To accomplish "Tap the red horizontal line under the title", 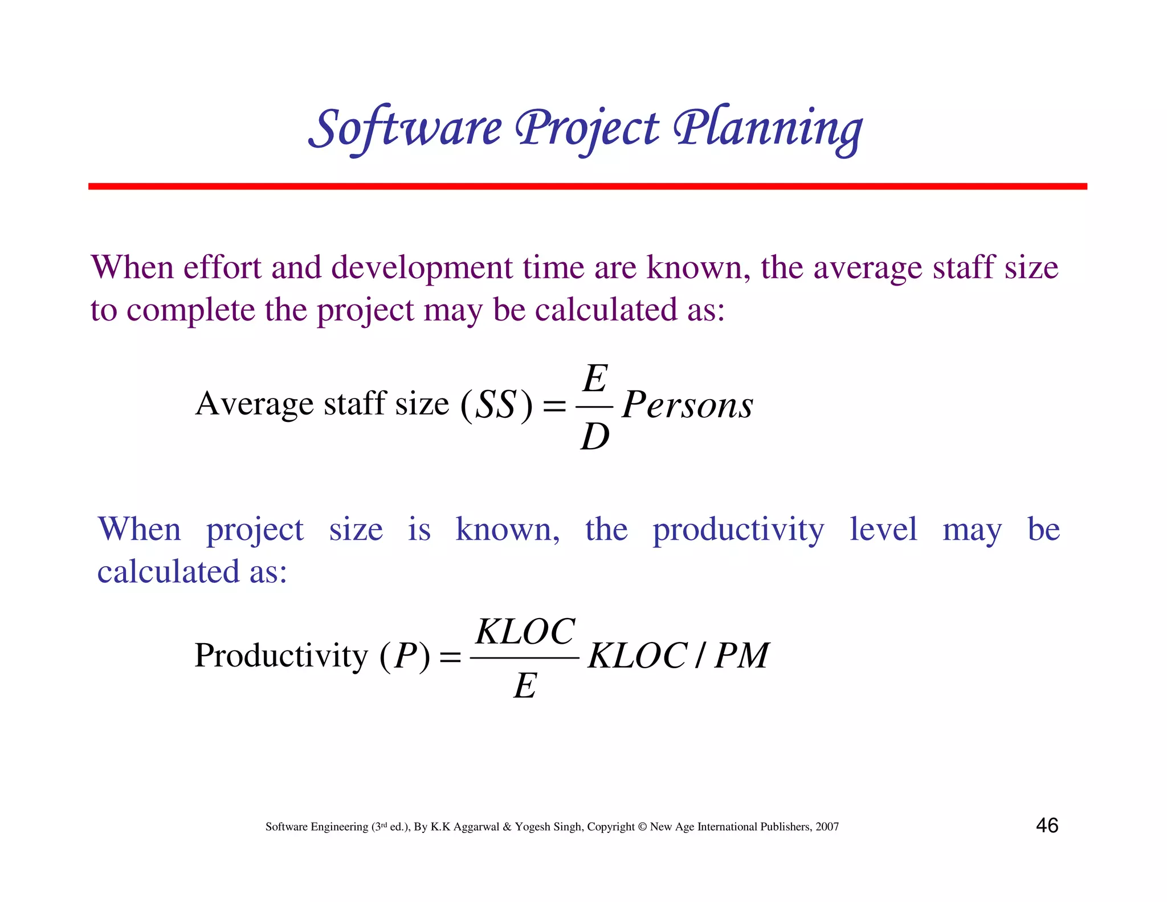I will pos(587,186).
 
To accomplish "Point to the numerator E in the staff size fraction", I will pos(595,379).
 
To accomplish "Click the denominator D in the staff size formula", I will pos(595,438).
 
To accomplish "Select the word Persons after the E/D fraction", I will pos(687,405).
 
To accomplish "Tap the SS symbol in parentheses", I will pos(496,405).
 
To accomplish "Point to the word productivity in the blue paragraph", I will pos(738,530).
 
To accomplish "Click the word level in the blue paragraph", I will pos(883,529).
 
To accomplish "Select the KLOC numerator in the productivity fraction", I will pos(525,632).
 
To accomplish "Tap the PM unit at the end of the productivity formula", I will pos(741,656).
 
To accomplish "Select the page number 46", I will pos(1047,826).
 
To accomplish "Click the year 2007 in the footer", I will pos(827,827).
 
